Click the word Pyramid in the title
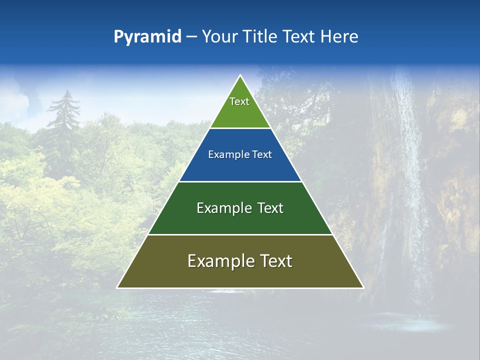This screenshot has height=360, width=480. pos(147,37)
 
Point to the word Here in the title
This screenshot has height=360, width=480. pos(339,37)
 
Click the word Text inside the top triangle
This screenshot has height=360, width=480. pos(239,101)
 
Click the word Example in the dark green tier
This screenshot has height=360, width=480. pos(220,208)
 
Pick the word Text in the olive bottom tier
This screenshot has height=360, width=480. pos(274,261)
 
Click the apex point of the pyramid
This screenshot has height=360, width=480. pos(240,76)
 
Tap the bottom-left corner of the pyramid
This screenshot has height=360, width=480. pos(118,287)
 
